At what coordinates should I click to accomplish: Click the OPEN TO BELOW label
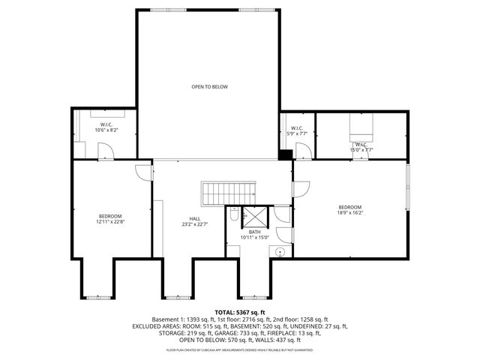click(x=209, y=87)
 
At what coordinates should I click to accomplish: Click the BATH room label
click(x=255, y=232)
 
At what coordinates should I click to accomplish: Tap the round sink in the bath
click(x=280, y=251)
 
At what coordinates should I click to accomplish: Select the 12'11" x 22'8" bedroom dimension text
click(x=109, y=221)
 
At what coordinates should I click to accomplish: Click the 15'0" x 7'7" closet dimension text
click(x=361, y=150)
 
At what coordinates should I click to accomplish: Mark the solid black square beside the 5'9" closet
click(x=284, y=154)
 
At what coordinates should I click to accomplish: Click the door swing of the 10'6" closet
click(x=106, y=151)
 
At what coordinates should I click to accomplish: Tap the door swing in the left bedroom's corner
click(x=142, y=172)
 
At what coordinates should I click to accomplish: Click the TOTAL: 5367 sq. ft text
click(x=239, y=312)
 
